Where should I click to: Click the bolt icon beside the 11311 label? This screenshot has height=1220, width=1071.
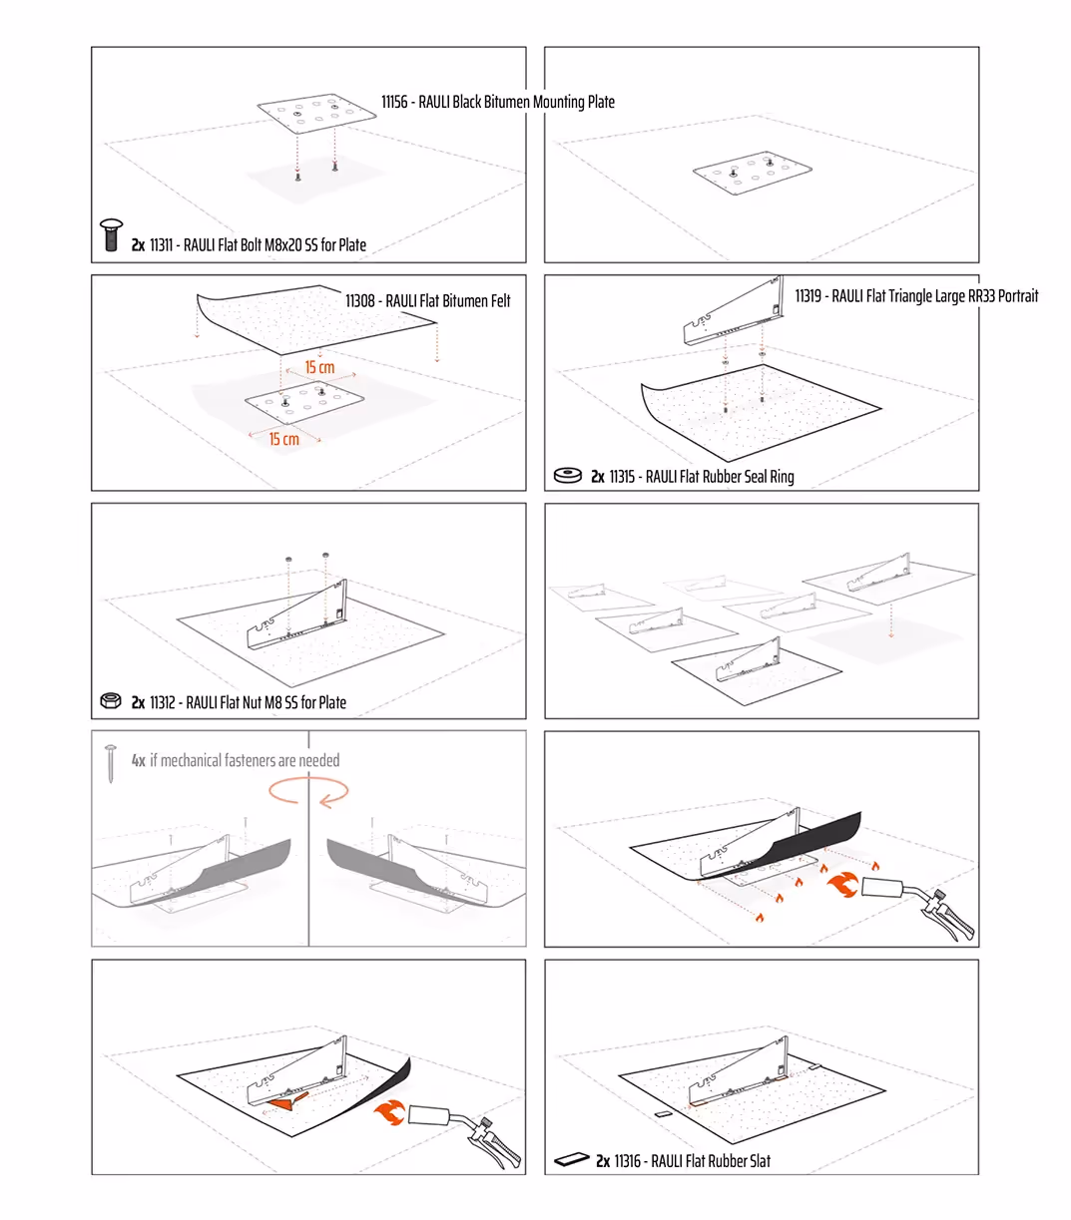[x=111, y=234]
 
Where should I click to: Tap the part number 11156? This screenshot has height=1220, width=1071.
[x=394, y=102]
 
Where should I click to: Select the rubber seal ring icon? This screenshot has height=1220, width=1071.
[x=567, y=476]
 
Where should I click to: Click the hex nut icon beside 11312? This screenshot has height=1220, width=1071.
[x=111, y=700]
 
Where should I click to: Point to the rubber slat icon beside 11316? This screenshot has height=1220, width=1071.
[x=571, y=1159]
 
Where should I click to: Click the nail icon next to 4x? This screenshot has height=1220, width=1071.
[x=111, y=763]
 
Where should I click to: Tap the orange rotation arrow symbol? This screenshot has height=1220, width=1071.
[x=308, y=791]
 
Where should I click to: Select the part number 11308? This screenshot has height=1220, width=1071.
[x=359, y=301]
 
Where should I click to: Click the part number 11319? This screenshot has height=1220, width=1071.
[x=808, y=296]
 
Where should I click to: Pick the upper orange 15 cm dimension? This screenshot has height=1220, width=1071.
[x=319, y=367]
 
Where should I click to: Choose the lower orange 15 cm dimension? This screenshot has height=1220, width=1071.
[x=283, y=439]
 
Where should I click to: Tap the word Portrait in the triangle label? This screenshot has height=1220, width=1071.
[x=1018, y=296]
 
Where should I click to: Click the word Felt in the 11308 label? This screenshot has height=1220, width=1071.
[x=500, y=301]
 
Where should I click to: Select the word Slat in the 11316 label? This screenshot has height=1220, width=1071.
[x=759, y=1161]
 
